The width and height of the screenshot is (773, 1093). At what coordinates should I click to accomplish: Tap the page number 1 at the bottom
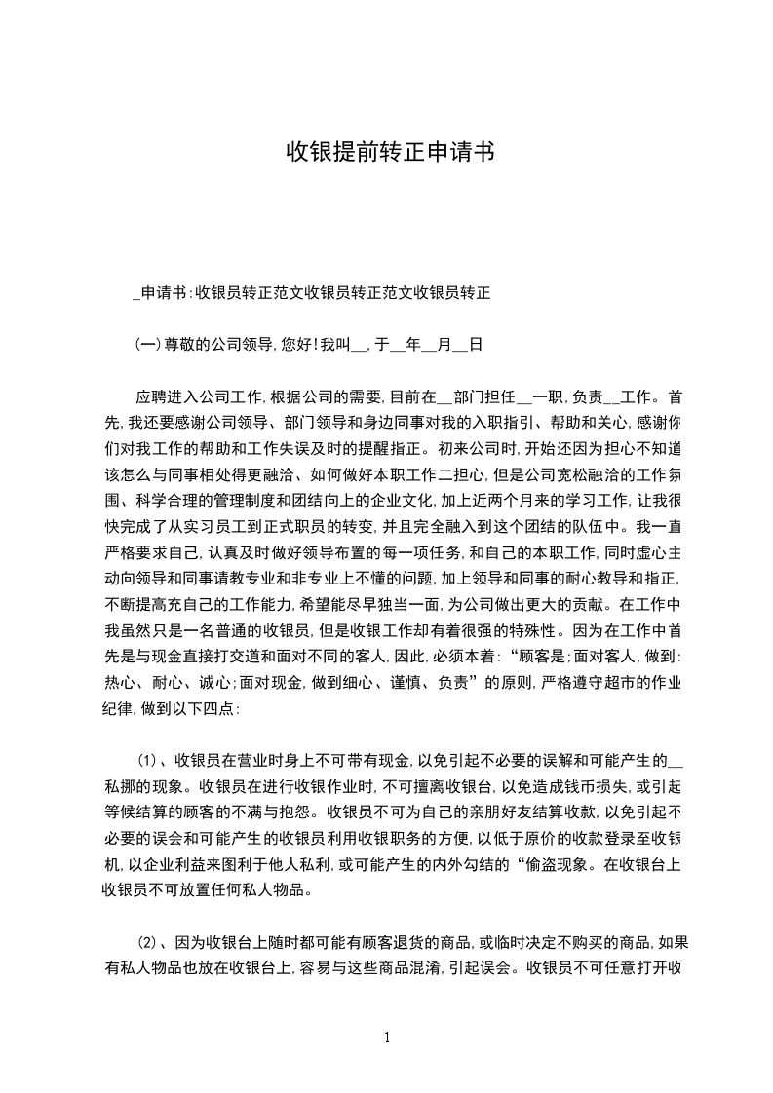tap(388, 1037)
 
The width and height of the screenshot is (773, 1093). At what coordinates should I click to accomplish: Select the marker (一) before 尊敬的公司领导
tap(146, 344)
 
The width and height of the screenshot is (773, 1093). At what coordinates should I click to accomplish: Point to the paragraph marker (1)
tap(147, 759)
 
